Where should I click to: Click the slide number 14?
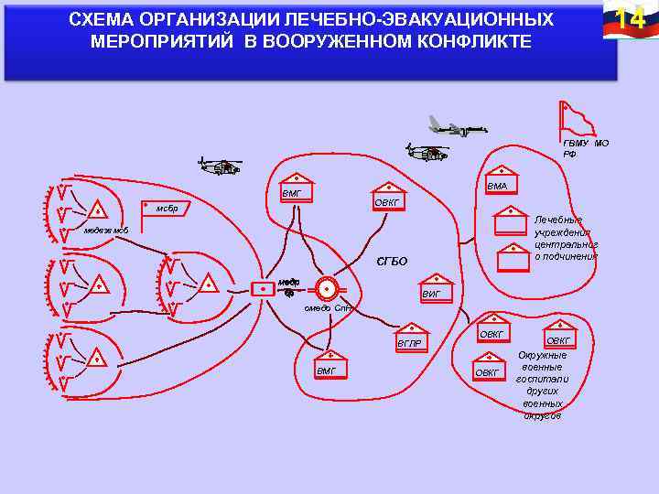(x=625, y=18)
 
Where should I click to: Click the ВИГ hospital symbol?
(x=438, y=287)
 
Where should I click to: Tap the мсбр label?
(x=167, y=209)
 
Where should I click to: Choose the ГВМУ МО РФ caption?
(x=585, y=148)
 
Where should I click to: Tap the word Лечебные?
(x=557, y=220)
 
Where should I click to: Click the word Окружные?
(x=543, y=355)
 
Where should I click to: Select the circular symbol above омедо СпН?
(x=325, y=288)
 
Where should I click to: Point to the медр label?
(x=289, y=282)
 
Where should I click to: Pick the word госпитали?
(x=543, y=379)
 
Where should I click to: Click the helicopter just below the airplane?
(x=427, y=152)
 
